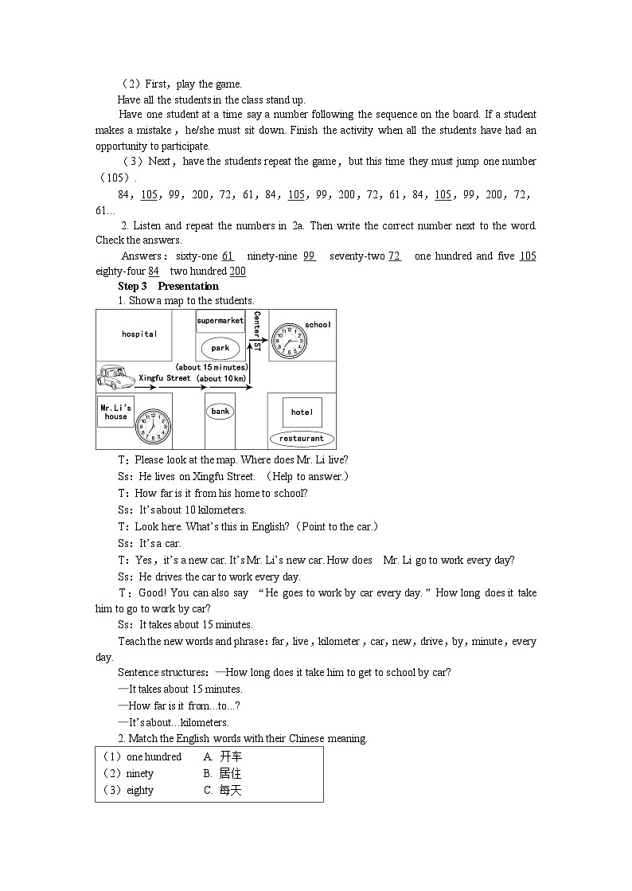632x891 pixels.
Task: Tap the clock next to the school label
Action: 287,339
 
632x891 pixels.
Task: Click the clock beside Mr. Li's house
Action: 153,426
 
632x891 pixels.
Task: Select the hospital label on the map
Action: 139,334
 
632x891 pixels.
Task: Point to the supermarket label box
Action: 220,320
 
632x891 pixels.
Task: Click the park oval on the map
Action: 220,348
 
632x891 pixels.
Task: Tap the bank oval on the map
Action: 220,412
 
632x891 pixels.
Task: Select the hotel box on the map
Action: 302,412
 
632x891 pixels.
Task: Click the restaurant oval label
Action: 302,438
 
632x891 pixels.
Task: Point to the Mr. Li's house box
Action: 115,412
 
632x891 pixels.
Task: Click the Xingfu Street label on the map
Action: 165,378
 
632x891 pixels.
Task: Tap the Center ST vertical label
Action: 257,331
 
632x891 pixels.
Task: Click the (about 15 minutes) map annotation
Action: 211,367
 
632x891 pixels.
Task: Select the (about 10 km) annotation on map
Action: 220,378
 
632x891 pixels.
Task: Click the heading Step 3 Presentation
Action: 168,287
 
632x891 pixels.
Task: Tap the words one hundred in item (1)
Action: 154,757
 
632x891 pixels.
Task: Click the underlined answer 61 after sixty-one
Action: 228,256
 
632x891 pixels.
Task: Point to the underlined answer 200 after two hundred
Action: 237,272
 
